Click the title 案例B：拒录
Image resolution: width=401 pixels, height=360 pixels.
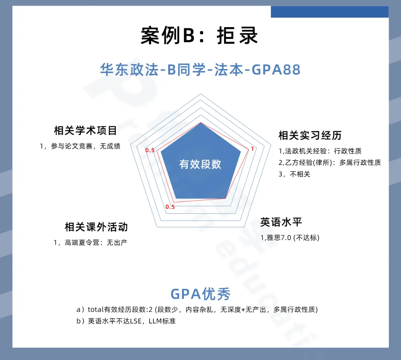point(199,35)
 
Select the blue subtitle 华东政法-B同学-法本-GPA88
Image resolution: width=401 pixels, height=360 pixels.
point(200,69)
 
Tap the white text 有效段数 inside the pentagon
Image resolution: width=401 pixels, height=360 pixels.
point(200,164)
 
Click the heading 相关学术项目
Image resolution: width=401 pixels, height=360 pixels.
point(85,130)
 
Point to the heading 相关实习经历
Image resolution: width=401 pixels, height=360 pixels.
point(310,135)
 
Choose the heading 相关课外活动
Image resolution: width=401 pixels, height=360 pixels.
point(96,227)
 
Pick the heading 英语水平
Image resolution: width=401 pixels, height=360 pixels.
point(281,222)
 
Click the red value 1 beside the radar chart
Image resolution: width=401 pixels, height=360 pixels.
point(252,149)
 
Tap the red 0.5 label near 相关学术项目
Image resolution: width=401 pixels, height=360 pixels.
point(150,150)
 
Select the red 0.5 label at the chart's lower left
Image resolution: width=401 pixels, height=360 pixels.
point(170,207)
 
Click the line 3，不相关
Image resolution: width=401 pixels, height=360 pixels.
point(294,174)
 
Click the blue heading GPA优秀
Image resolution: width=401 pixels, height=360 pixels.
point(200,294)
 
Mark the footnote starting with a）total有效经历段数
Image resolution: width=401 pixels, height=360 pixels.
point(197,310)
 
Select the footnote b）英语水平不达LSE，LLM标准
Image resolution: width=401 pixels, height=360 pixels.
point(126,321)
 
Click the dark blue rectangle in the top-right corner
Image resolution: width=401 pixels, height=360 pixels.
point(330,12)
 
